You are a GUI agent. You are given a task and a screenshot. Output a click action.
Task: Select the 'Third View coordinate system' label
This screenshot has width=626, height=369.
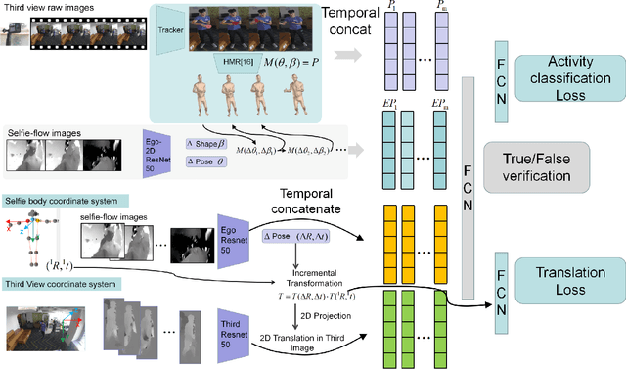tap(61, 284)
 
